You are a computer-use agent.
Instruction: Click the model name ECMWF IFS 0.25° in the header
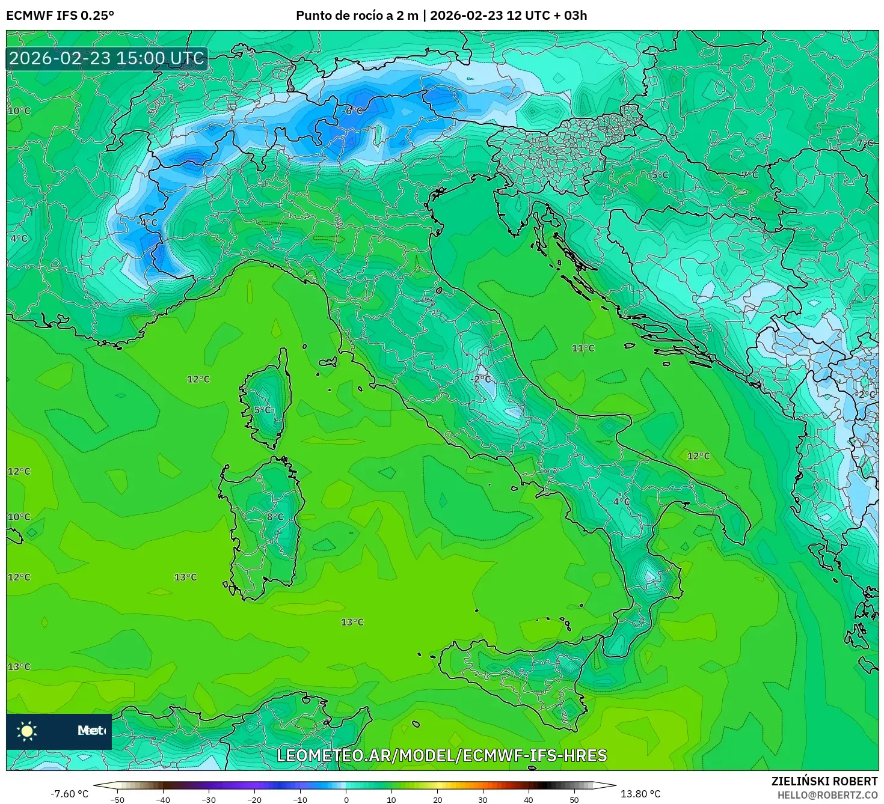60,16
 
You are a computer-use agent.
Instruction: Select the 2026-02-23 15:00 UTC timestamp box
106,58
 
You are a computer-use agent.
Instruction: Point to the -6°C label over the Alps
352,111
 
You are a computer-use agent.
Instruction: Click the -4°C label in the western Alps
147,222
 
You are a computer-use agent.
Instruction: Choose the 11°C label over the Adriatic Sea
583,348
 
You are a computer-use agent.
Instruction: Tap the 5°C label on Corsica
262,410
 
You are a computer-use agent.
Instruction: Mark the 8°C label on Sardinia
275,517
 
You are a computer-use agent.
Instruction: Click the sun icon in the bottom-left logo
27,731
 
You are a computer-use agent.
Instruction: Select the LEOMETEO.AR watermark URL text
441,755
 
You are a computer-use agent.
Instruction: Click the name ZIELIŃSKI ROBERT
824,781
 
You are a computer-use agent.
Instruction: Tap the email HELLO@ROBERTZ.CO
827,795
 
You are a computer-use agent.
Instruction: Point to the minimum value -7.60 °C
69,794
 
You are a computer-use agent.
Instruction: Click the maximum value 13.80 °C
640,794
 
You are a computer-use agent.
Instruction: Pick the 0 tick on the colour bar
346,799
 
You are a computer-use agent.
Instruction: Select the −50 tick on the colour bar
117,799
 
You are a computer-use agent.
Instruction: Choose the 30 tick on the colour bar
483,799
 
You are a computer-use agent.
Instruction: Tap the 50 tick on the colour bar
574,799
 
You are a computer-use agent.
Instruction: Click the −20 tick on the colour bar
254,799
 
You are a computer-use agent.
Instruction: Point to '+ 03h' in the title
570,16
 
